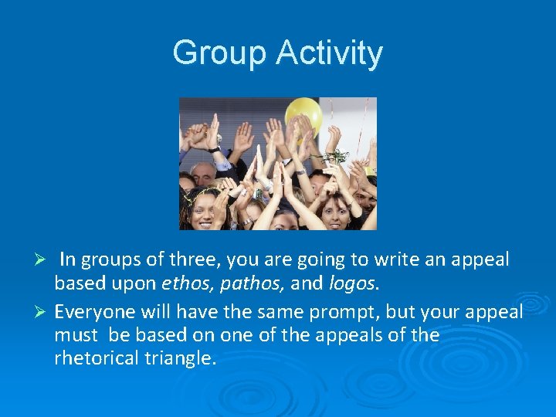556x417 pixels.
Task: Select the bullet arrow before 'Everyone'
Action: (x=43, y=313)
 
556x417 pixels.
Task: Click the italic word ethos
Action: (x=188, y=283)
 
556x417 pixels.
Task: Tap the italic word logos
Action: (x=351, y=283)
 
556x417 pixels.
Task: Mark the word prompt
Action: (x=363, y=312)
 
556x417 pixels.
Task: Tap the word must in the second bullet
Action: (x=76, y=335)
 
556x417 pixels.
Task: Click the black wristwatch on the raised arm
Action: (x=214, y=149)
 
